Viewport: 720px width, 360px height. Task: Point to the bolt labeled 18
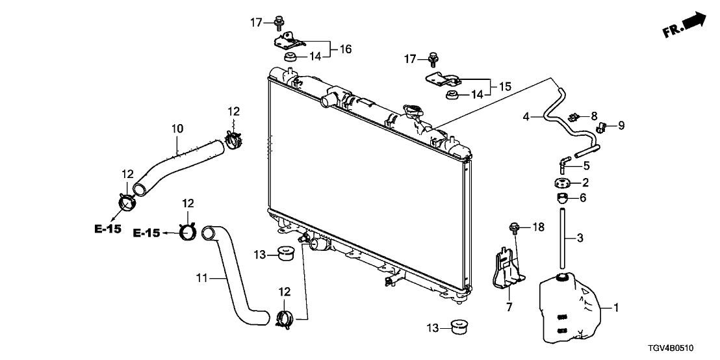(x=512, y=227)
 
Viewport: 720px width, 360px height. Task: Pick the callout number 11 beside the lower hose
(x=201, y=278)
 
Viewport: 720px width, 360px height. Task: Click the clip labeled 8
(x=574, y=117)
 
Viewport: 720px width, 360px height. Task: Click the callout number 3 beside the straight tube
(x=580, y=238)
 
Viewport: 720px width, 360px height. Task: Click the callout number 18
(x=537, y=227)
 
